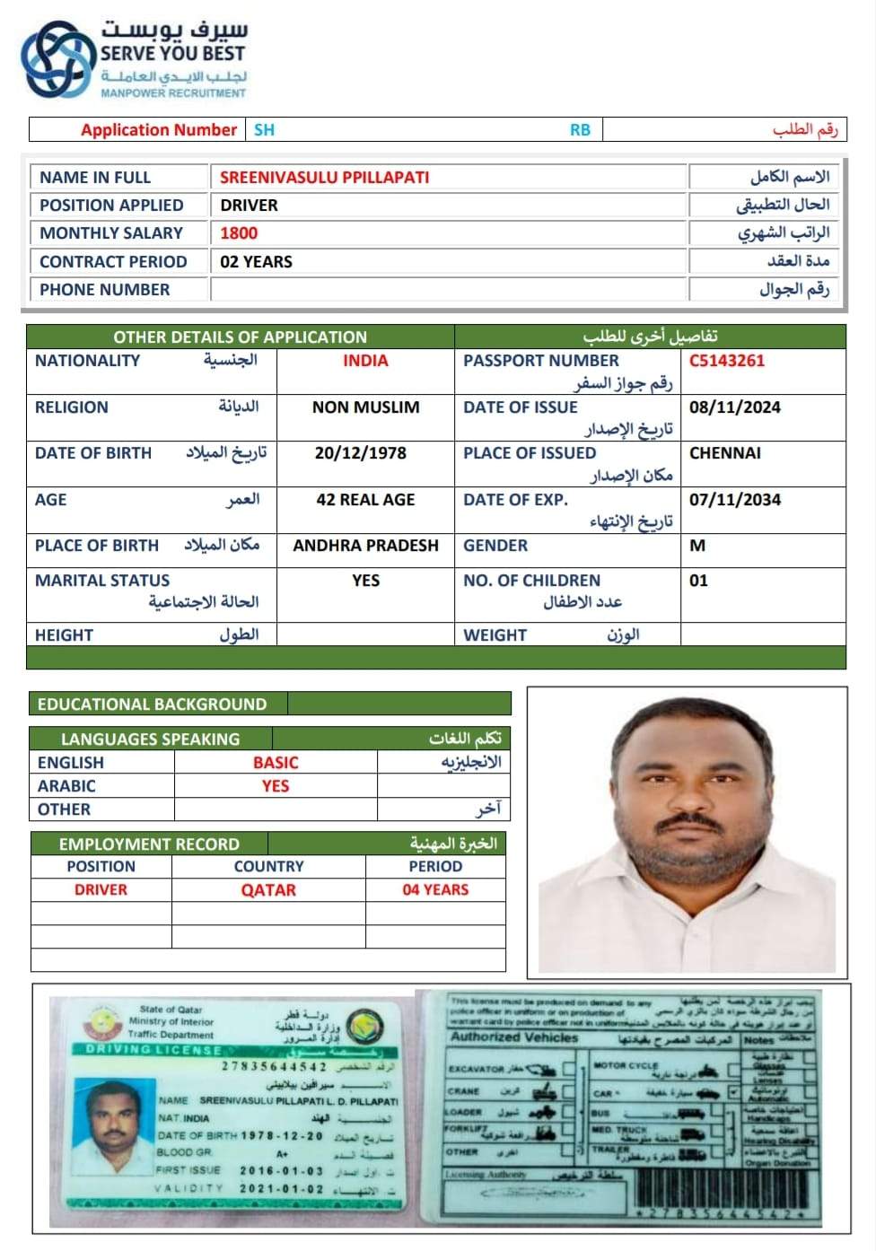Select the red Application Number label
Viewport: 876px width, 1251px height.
point(159,130)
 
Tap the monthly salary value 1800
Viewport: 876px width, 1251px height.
point(239,233)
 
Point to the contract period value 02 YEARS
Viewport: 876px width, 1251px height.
point(256,262)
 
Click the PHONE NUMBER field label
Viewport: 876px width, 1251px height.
point(104,290)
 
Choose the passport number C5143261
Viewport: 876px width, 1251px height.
point(727,361)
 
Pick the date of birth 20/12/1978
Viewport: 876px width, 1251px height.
point(360,453)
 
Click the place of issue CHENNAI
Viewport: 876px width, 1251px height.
point(724,453)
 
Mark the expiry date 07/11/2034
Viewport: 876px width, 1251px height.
point(734,500)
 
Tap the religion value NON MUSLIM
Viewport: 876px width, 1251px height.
point(365,407)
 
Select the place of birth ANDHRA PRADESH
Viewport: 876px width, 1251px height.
point(365,546)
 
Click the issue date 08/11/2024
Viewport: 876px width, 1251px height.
point(734,407)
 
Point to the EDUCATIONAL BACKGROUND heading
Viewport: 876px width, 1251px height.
point(152,704)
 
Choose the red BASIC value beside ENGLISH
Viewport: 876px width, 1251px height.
point(276,763)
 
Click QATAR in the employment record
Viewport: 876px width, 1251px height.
point(268,890)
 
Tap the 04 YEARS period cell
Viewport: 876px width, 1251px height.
point(435,890)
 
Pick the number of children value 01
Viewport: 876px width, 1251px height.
point(698,581)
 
